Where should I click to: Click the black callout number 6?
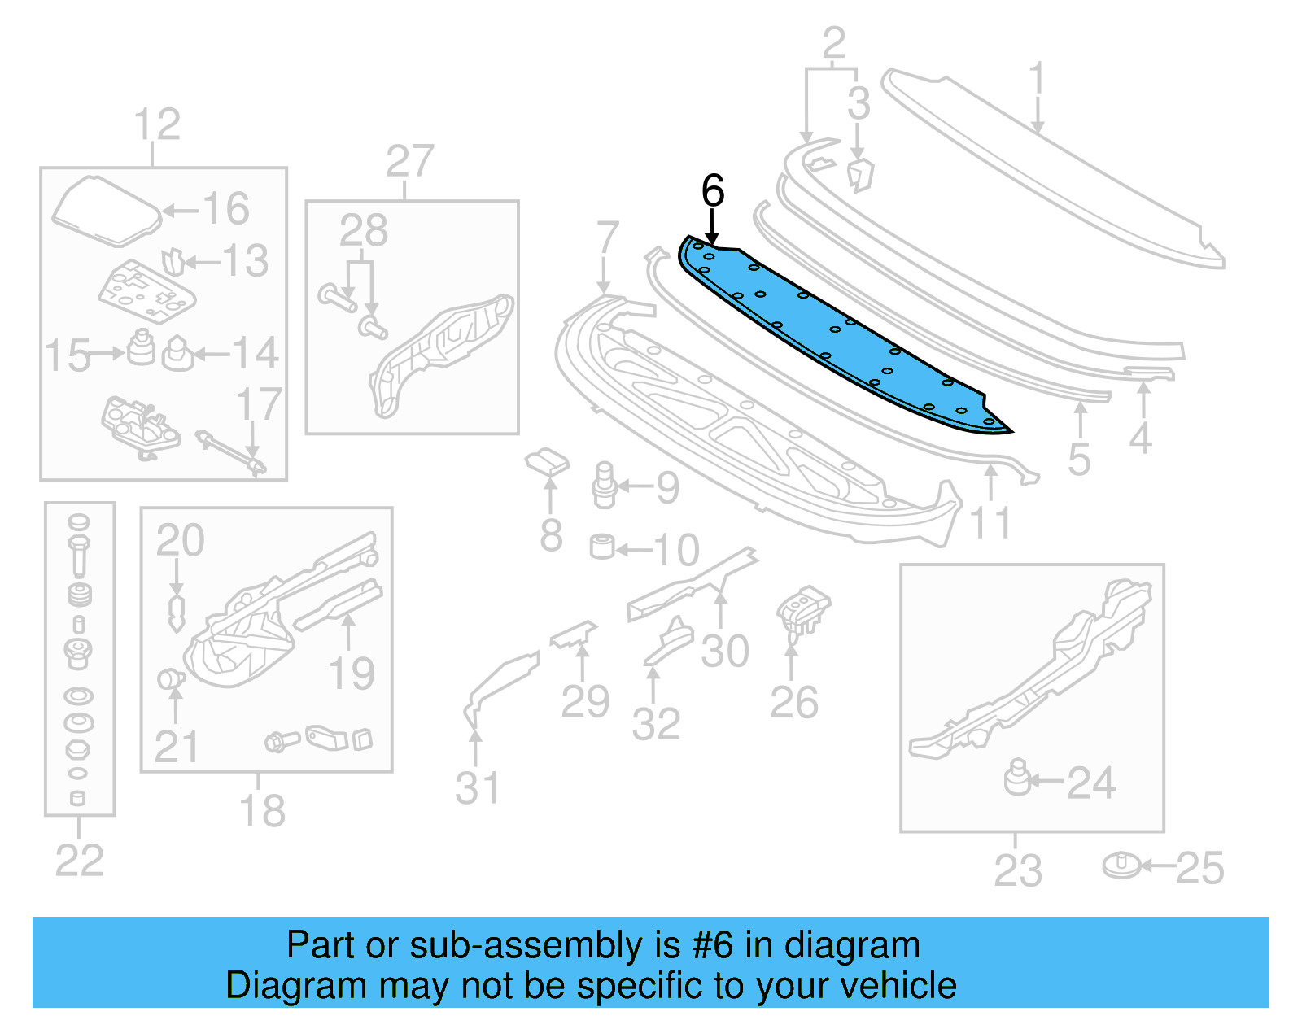(712, 191)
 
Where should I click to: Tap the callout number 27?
(409, 161)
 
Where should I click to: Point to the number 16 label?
(225, 209)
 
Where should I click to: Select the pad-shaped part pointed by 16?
(106, 211)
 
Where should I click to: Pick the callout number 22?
(79, 861)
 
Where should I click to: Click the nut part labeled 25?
(1122, 866)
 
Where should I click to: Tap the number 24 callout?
(1090, 783)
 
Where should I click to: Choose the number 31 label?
(477, 787)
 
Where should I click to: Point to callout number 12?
(156, 124)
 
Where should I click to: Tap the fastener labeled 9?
(604, 485)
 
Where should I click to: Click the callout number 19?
(352, 674)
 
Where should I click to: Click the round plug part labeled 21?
(169, 678)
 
